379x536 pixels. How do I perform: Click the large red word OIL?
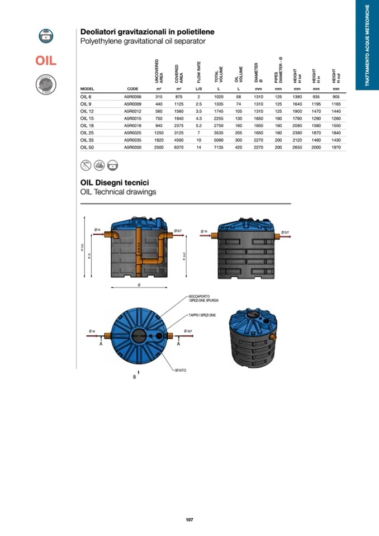45,61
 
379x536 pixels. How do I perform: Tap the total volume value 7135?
219,147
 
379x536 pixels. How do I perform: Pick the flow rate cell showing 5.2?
198,126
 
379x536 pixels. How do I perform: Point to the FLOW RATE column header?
198,72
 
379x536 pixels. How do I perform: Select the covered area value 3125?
178,133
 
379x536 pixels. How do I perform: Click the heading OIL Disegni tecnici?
115,183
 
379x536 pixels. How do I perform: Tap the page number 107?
190,520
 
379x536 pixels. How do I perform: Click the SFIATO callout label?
179,370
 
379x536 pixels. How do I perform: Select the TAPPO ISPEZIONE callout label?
202,316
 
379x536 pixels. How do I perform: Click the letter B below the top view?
134,377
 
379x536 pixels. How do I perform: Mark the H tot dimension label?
82,248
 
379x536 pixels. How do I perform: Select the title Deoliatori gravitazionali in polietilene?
148,32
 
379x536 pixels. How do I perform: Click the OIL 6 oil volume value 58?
238,97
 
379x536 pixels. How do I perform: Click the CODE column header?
132,89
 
